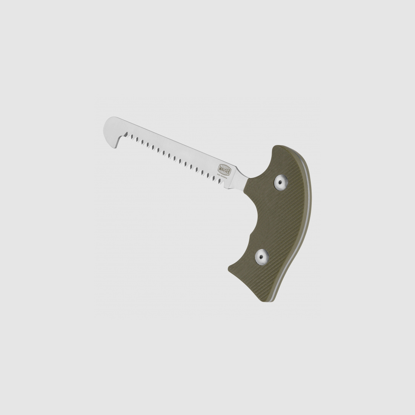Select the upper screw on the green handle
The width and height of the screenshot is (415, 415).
280,182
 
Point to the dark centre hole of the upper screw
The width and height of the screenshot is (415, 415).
280,182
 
